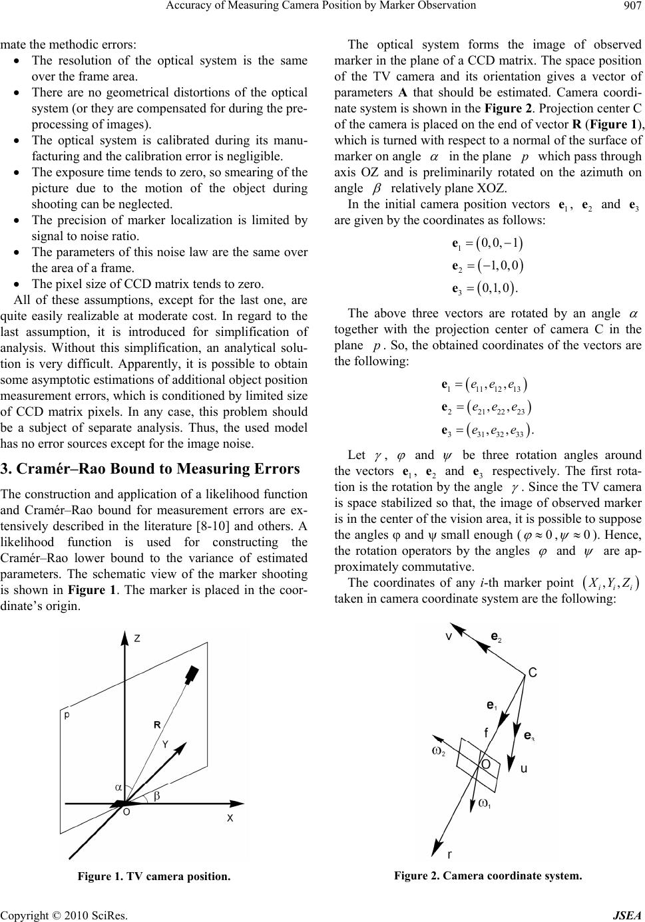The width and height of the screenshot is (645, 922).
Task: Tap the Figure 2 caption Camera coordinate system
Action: click(x=488, y=876)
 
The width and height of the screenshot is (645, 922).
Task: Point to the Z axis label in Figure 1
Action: click(x=136, y=637)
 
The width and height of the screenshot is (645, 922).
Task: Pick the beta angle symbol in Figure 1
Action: click(x=157, y=796)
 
